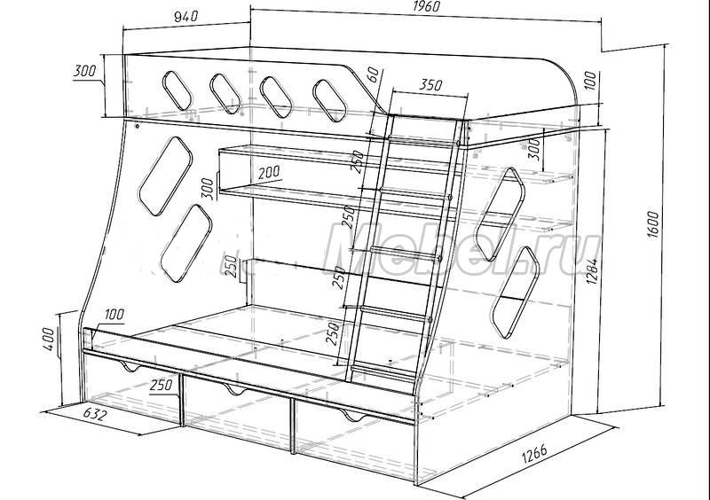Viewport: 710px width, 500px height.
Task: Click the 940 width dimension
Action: [186, 16]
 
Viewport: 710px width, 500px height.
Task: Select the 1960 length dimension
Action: [427, 6]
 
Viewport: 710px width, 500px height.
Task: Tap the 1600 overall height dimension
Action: [653, 225]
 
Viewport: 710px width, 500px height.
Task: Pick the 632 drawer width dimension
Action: [96, 415]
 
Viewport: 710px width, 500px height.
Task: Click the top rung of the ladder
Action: [423, 141]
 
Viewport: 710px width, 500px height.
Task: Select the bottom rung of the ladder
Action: [383, 371]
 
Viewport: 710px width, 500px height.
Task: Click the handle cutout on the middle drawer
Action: [234, 389]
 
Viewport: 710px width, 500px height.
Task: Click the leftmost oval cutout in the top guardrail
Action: [176, 90]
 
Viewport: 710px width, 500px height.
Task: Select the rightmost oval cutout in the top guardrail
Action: [330, 101]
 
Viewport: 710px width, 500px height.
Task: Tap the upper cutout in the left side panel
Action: [165, 176]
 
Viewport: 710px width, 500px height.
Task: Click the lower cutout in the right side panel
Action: [515, 293]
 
